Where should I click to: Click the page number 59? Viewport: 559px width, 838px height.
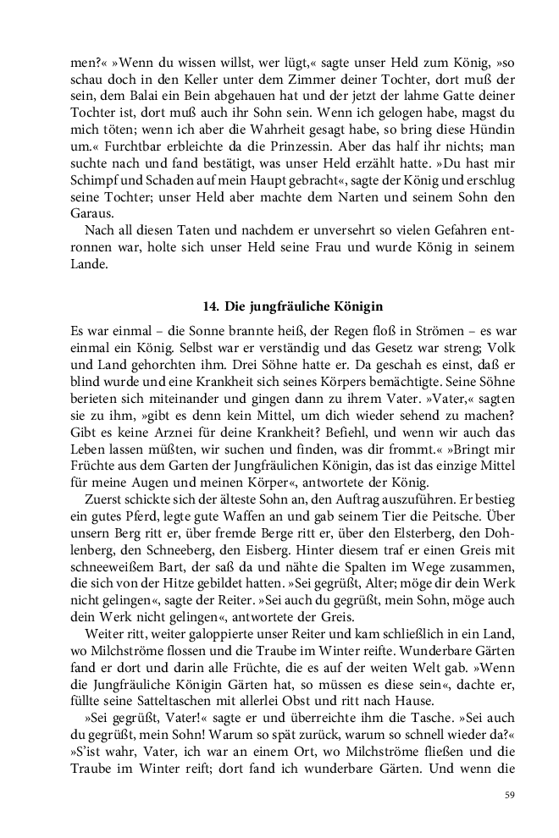coord(509,794)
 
